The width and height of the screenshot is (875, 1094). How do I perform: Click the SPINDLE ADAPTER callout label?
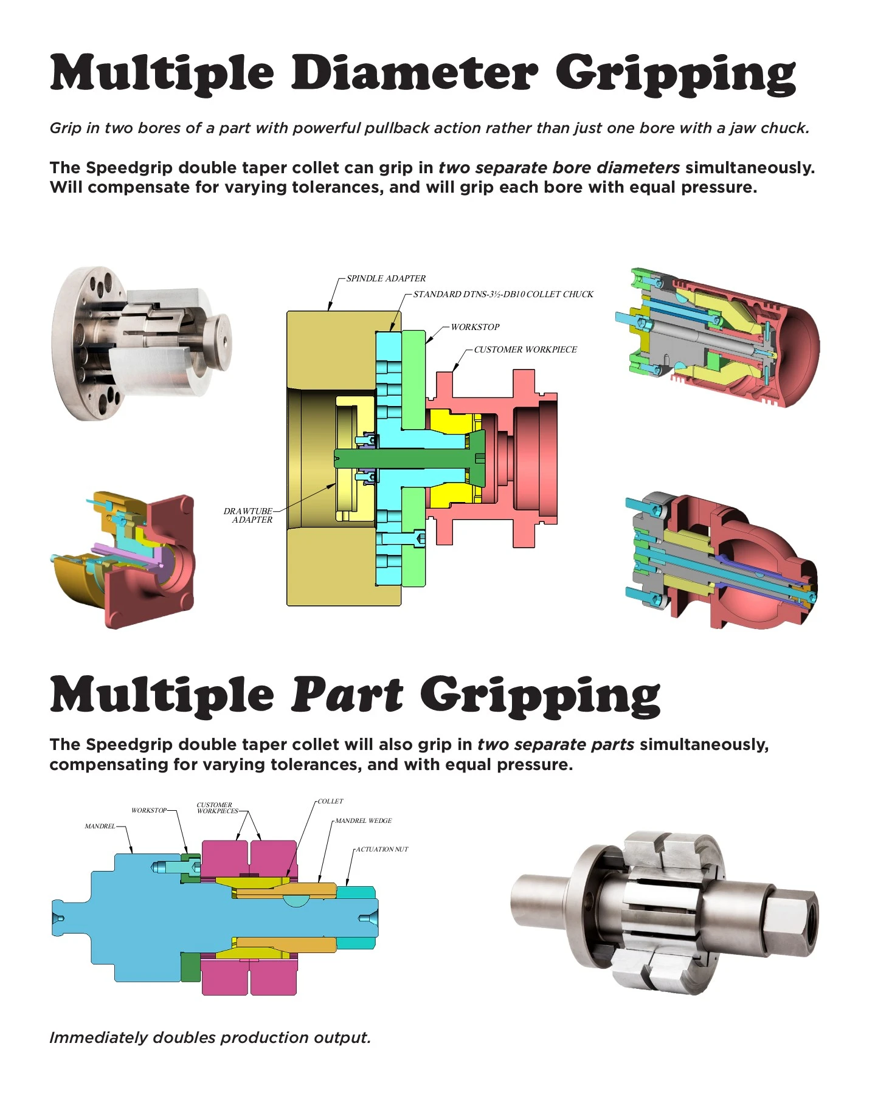386,278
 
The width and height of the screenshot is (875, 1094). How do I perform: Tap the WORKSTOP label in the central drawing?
475,327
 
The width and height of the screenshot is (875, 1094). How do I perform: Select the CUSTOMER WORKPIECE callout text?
525,349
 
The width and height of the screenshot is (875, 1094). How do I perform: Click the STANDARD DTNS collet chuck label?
503,294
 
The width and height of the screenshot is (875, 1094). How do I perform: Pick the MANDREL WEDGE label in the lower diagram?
363,820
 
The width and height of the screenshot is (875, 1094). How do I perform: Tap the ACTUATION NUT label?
382,849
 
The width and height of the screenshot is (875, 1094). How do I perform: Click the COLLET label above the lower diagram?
330,801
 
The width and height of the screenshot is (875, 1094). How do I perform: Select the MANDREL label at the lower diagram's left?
100,826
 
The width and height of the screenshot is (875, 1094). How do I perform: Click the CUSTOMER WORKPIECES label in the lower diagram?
216,808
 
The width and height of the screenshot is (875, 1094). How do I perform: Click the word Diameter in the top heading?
415,73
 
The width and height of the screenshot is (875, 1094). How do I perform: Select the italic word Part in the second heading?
347,694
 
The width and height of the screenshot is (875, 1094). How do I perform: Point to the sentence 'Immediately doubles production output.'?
210,1037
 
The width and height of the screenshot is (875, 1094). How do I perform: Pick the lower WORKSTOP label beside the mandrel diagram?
148,810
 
